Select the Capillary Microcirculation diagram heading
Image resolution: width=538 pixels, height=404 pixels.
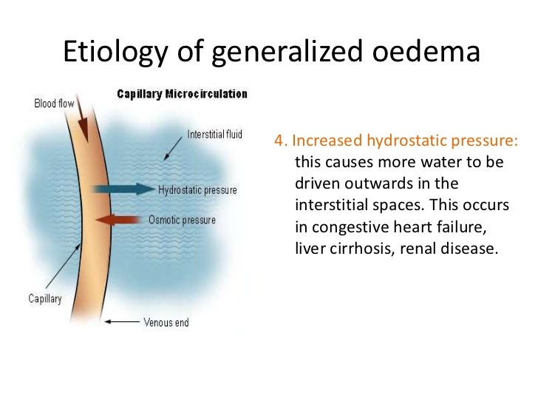pos(183,94)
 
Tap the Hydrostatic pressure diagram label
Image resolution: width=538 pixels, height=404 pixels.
pos(198,190)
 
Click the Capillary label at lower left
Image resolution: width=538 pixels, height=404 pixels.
pos(45,299)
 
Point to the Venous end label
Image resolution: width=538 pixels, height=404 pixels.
pos(166,322)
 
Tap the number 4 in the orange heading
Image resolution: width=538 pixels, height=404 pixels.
pos(279,141)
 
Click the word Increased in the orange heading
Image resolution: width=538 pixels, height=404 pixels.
pos(323,141)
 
